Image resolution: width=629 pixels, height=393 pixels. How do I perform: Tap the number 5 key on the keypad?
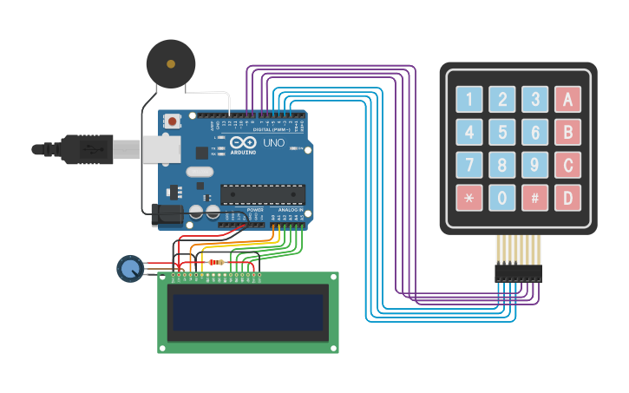502,133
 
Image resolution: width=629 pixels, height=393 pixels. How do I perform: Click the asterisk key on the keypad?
469,199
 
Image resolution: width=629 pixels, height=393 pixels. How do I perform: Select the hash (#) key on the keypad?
535,199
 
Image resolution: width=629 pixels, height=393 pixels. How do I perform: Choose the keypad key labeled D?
568,199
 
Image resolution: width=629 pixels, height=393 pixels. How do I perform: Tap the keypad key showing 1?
469,100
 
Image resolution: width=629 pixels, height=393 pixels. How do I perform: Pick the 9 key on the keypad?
535,166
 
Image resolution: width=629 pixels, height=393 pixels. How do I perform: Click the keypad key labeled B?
568,133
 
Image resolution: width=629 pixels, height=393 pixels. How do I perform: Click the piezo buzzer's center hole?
171,63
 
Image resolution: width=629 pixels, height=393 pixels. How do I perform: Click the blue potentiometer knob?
130,269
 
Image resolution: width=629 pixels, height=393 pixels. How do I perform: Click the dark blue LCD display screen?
248,312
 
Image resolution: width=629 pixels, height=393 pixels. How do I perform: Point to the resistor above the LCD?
216,262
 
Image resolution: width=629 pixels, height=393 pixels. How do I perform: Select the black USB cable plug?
87,150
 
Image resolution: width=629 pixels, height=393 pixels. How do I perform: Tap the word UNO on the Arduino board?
273,142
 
